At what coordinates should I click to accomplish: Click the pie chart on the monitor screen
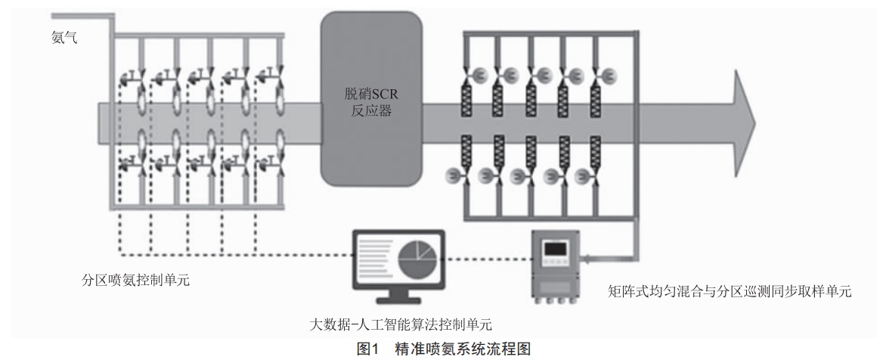(418, 258)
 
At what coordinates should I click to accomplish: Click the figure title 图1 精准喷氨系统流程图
(443, 349)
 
